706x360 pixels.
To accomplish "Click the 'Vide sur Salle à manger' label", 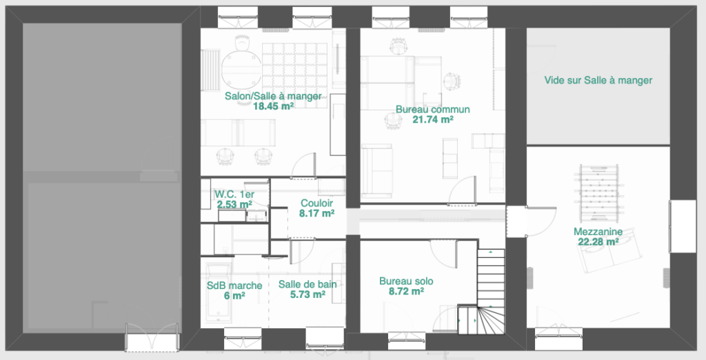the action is (598, 80).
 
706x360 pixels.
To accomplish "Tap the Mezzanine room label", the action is (598, 232).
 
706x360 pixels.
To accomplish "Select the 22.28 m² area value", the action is (598, 242).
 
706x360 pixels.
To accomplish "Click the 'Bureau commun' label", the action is (433, 110).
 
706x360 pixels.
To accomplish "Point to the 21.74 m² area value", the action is (433, 119).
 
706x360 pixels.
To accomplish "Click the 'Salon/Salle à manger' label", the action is (273, 96).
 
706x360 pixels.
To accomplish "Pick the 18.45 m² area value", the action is (273, 106).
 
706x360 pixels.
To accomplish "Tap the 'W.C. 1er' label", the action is (234, 194).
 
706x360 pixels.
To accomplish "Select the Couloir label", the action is (316, 203).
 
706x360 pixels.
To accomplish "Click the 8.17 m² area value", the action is (316, 213).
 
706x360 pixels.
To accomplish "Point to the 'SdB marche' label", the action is (234, 286).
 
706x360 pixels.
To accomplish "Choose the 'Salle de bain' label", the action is (307, 284).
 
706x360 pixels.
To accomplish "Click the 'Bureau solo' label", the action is (406, 281).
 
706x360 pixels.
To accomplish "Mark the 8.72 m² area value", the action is (406, 291).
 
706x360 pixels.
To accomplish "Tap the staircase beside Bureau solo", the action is (491, 292).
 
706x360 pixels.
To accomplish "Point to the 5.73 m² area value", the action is (307, 294).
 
